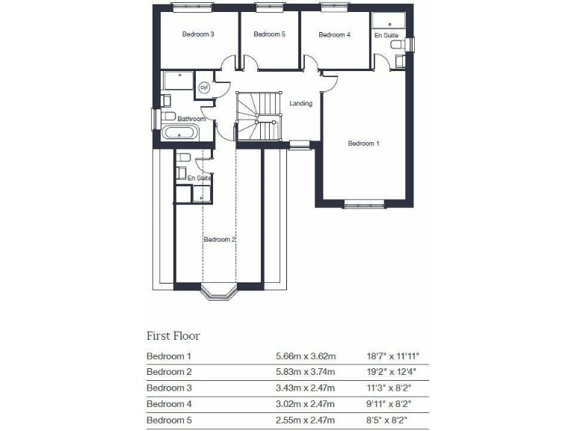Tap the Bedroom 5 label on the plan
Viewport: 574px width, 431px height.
pyautogui.click(x=269, y=34)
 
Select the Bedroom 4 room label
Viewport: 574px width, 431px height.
pyautogui.click(x=334, y=34)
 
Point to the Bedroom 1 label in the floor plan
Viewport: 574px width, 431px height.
pyautogui.click(x=364, y=143)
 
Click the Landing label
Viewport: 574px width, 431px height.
pyautogui.click(x=300, y=103)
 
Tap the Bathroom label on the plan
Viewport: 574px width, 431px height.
pyautogui.click(x=191, y=119)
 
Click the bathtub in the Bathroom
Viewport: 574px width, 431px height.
pyautogui.click(x=180, y=134)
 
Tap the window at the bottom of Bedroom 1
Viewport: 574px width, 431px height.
pyautogui.click(x=364, y=204)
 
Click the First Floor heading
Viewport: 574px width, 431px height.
pyautogui.click(x=173, y=336)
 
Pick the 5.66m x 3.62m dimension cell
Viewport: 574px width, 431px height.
pyautogui.click(x=306, y=356)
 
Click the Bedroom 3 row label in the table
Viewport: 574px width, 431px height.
pyautogui.click(x=169, y=388)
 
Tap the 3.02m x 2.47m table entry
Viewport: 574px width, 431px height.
pyautogui.click(x=306, y=404)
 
